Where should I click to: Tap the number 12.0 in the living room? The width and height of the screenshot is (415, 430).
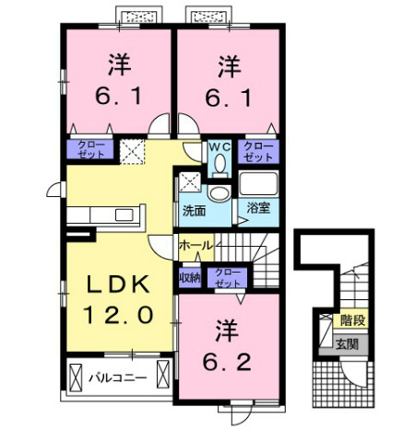point(120,314)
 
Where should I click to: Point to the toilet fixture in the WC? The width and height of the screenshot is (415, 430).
point(219,164)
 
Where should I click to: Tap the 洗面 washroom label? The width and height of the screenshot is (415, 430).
point(193,208)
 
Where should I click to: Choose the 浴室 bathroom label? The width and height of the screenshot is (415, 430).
point(257,208)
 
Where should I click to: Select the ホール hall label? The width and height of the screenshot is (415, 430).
point(196,245)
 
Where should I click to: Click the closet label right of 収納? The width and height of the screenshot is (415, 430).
point(225,276)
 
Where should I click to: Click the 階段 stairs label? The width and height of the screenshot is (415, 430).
point(351,320)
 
